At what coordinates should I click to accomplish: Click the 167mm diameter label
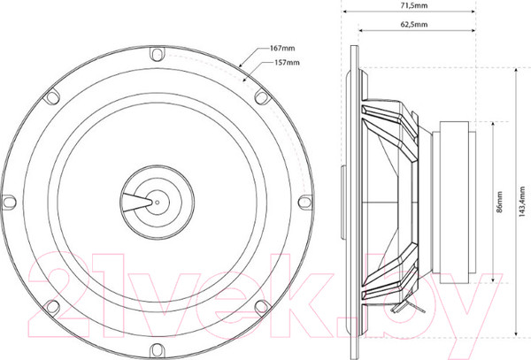click(282, 48)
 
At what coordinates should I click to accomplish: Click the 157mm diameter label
click(287, 63)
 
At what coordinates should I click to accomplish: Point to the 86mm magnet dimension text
click(499, 202)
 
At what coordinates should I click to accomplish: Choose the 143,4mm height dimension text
click(522, 202)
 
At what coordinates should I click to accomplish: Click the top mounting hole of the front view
click(157, 54)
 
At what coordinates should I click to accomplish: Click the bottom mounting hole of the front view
click(157, 349)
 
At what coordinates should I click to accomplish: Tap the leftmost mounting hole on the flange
click(9, 202)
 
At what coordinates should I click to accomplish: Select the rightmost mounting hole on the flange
click(304, 202)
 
